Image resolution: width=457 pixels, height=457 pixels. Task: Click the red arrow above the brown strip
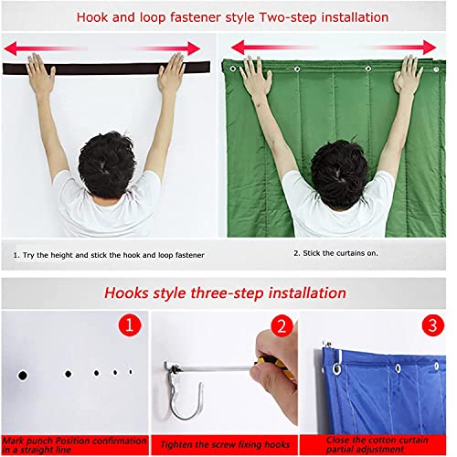102,48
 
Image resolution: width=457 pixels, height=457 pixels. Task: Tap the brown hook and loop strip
105,68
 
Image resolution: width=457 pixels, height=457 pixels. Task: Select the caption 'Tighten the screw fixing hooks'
223,444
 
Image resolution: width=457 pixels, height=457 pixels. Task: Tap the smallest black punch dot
131,371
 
